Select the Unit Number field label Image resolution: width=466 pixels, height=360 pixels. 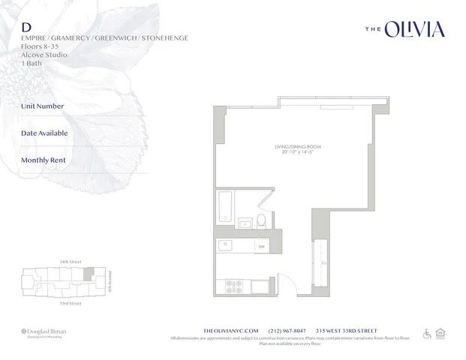(43, 106)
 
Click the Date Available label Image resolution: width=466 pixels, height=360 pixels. (44, 133)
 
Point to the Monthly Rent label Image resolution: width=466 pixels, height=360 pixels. (44, 160)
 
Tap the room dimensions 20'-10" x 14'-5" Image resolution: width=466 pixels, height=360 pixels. (297, 154)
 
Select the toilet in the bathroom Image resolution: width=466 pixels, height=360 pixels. (261, 220)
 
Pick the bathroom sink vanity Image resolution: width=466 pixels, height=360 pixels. (245, 222)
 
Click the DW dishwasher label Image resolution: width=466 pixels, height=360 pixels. (261, 245)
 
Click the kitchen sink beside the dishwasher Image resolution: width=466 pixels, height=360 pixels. (224, 244)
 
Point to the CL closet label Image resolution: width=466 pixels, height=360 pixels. (323, 262)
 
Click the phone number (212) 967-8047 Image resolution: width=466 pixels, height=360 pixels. (289, 331)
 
